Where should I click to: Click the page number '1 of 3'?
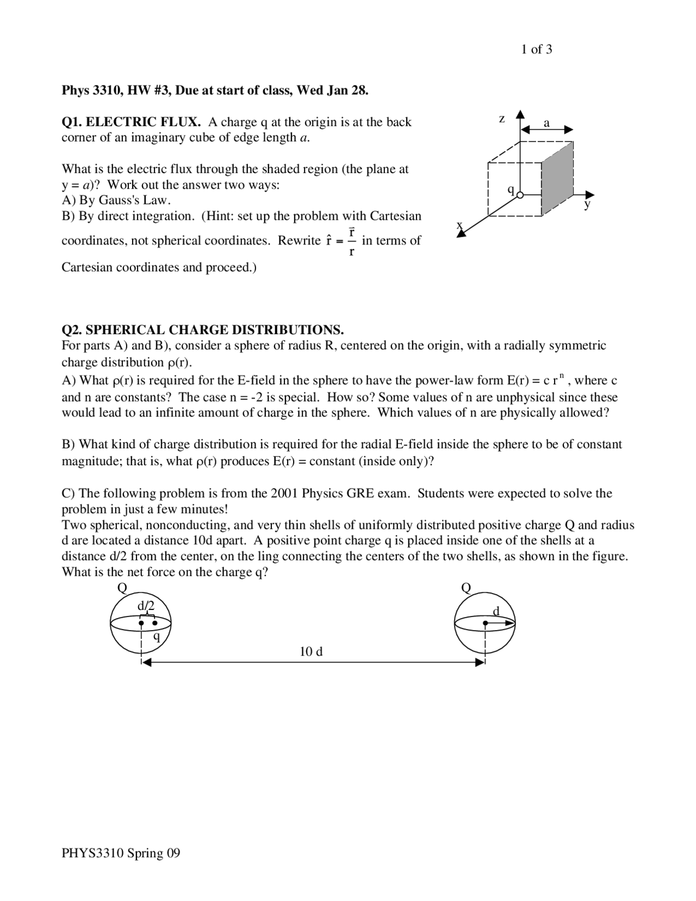(x=536, y=50)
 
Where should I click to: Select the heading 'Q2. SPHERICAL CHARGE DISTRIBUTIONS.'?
(x=202, y=330)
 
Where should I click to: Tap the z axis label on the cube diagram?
(x=502, y=119)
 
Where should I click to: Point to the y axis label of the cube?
(x=587, y=205)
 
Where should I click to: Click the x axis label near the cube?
(x=459, y=225)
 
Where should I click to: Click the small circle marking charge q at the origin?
(x=520, y=195)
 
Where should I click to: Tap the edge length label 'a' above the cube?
(x=547, y=123)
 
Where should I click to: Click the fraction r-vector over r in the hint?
(x=352, y=241)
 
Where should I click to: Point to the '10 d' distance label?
(x=311, y=651)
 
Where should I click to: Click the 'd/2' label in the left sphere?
(x=146, y=606)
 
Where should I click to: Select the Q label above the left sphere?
(x=122, y=588)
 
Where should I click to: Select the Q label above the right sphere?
(x=466, y=588)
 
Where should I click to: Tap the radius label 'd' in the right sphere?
(x=495, y=611)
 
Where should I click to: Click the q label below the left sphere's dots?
(x=157, y=637)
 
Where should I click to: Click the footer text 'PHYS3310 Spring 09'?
(x=121, y=853)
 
